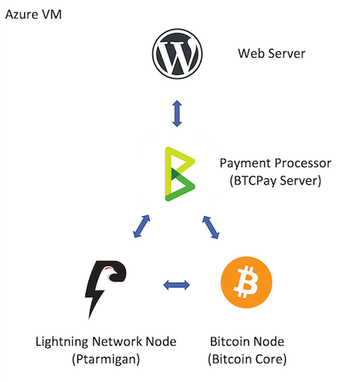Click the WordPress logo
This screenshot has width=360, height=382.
point(177,54)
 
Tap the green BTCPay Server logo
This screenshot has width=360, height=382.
point(180,174)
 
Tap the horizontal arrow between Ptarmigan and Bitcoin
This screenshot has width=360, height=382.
point(177,285)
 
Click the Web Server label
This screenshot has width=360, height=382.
point(271,53)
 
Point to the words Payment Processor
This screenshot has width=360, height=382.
point(275,163)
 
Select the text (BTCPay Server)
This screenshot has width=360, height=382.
point(275,180)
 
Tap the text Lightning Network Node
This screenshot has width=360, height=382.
point(105,342)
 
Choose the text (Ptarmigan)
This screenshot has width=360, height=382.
point(105,359)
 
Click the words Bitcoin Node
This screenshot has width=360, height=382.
point(247,342)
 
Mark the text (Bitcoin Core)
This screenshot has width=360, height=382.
point(247,359)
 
